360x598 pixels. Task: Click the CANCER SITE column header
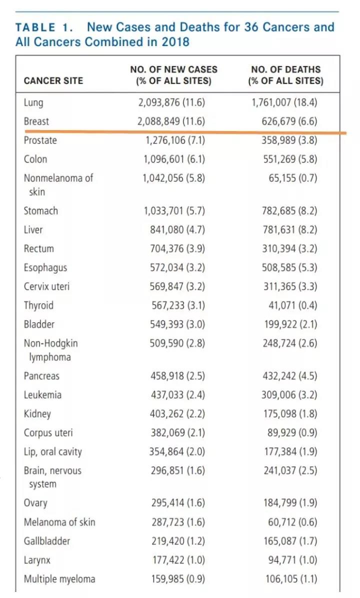[x=53, y=81]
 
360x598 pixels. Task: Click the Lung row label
[x=33, y=103]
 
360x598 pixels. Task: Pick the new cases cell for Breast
[x=171, y=121]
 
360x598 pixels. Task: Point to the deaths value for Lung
[x=284, y=102]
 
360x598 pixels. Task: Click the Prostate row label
[x=40, y=140]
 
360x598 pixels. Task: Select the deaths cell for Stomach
[x=289, y=211]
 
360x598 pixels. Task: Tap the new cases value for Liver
[x=177, y=230]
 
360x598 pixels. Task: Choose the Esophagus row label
[x=45, y=268]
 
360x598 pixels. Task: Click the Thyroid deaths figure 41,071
[x=292, y=305]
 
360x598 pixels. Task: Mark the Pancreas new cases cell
[x=177, y=376]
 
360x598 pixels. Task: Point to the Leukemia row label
[x=42, y=395]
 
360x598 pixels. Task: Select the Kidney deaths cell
[x=290, y=413]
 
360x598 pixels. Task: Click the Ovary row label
[x=35, y=503]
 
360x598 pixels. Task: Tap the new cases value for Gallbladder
[x=178, y=541]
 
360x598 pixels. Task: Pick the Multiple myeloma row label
[x=59, y=579]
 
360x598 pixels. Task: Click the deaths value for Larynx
[x=292, y=560]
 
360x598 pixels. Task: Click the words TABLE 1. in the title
[x=44, y=28]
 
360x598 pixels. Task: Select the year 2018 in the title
[x=175, y=42]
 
